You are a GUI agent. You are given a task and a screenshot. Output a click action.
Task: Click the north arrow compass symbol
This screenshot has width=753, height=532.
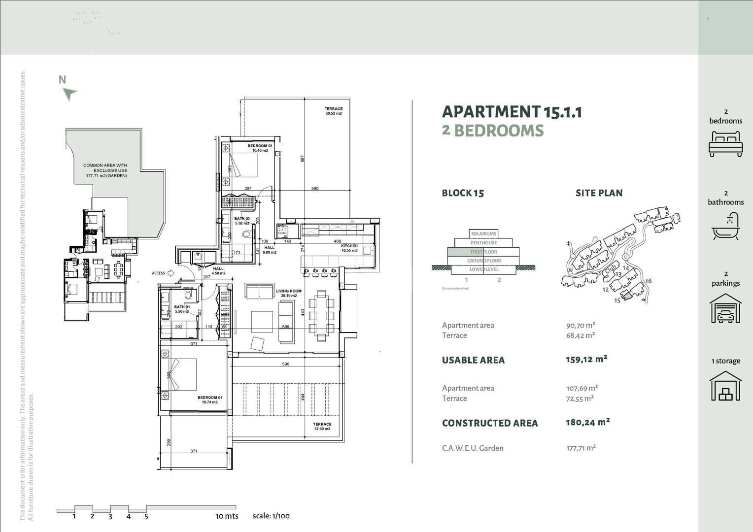coord(70,93)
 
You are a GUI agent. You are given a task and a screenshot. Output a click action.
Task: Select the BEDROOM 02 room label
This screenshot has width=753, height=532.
coord(260,148)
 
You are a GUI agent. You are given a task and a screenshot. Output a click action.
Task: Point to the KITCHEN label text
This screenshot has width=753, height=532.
coord(349,248)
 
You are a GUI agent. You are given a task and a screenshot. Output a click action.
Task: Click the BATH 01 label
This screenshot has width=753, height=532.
coord(181,309)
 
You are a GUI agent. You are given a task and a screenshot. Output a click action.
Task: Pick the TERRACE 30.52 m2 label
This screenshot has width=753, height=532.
coord(334,111)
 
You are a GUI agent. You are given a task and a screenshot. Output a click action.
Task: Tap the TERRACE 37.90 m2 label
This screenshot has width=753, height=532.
coord(322,426)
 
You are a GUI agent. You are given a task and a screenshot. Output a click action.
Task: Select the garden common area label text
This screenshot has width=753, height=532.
coord(105,170)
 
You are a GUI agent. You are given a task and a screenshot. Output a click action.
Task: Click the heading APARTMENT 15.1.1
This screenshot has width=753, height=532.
coord(512,112)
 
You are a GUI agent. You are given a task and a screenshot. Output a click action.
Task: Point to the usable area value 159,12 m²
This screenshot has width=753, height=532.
coord(586,359)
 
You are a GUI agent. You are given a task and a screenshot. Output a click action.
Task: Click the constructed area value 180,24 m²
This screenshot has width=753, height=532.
coord(587,422)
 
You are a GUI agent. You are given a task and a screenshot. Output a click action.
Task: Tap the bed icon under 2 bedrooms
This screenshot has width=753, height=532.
coord(725,144)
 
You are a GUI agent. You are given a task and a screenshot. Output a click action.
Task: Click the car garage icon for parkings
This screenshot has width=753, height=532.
coord(725,309)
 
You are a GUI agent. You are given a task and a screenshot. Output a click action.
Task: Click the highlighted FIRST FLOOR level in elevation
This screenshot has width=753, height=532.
coord(483,252)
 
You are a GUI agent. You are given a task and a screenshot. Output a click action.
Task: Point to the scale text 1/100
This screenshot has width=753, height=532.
coord(271,516)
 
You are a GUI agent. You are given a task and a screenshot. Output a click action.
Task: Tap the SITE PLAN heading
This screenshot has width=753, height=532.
coord(599,193)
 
